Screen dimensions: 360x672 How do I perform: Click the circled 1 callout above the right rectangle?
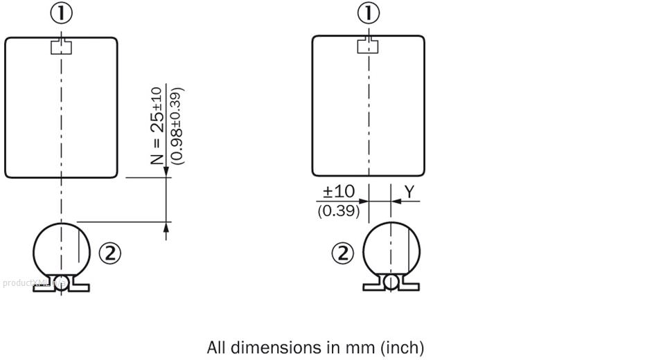368,14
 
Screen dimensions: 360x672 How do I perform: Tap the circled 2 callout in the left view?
109,253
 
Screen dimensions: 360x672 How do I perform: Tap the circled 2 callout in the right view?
343,253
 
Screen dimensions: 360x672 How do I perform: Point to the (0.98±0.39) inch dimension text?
177,125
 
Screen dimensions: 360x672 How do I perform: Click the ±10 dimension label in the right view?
339,192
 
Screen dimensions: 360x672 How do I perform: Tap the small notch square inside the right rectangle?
368,46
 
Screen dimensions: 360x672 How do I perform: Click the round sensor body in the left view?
62,248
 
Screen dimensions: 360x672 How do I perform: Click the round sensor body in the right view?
392,248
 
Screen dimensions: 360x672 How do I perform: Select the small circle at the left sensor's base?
62,281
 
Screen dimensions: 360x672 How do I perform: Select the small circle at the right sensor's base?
392,281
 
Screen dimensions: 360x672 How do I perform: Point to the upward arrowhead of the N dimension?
166,227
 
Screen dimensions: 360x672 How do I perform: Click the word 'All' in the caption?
216,346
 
